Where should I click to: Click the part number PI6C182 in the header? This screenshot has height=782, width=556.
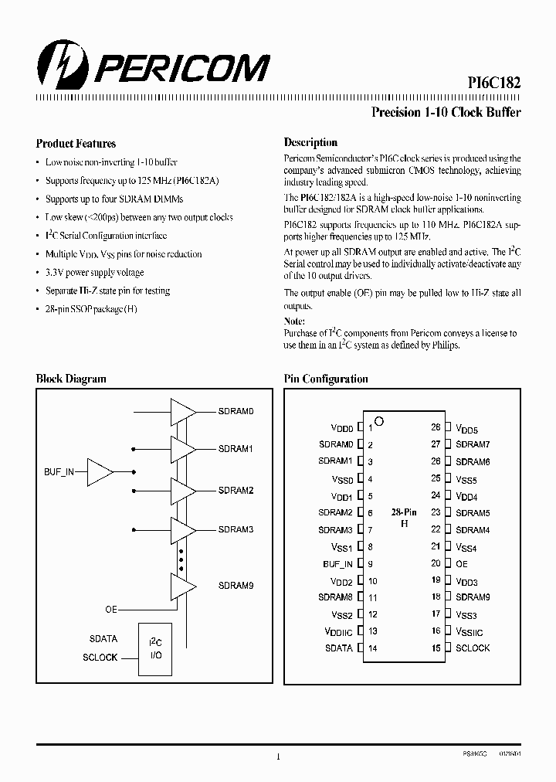point(493,84)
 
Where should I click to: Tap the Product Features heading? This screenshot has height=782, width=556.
point(76,143)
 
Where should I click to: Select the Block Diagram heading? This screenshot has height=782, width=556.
point(71,379)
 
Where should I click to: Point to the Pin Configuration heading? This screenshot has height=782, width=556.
point(326,379)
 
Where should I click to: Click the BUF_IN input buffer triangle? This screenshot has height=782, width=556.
point(100,471)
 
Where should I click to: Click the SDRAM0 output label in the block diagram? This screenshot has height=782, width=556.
point(236,411)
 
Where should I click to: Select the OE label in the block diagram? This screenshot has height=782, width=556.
point(110,610)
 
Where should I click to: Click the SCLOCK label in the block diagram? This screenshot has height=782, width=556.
point(100,658)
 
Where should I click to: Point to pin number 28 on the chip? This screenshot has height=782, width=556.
point(436,427)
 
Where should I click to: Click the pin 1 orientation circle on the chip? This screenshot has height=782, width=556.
point(379,421)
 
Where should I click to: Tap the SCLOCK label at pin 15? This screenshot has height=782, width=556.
point(473,648)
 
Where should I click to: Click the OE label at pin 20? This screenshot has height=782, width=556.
point(462,564)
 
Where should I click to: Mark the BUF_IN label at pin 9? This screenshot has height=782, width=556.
point(337,564)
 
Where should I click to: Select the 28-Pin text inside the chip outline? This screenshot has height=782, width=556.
point(404,512)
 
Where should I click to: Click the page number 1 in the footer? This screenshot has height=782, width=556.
point(277,756)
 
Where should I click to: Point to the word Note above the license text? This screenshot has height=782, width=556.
point(294,321)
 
